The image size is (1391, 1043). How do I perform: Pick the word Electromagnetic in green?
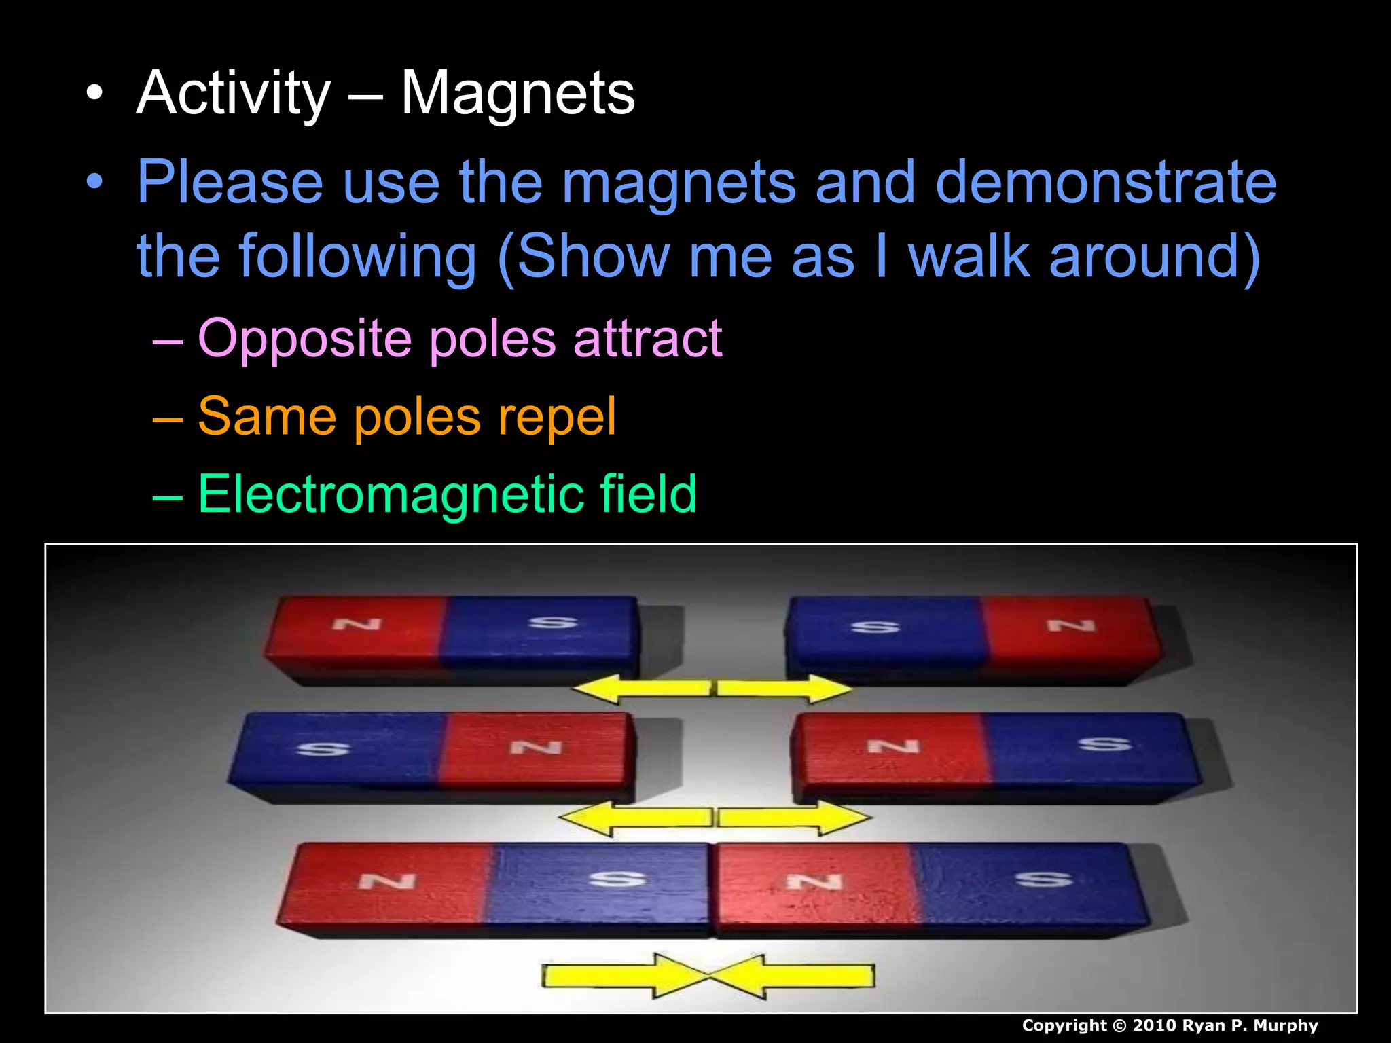pos(390,494)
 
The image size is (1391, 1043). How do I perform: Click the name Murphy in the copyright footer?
pos(1285,1025)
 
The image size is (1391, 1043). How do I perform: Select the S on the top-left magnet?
pos(553,622)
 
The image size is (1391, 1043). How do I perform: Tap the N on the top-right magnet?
pos(1071,625)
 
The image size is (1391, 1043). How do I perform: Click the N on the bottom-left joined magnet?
pos(387,881)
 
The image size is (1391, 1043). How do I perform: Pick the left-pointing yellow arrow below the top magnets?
pos(641,688)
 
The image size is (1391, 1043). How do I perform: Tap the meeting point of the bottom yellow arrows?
pos(708,976)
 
